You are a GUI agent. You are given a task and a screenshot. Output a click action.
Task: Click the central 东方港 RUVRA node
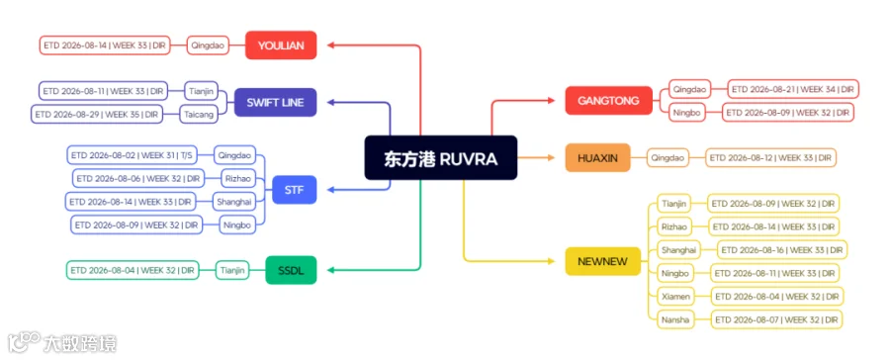[x=440, y=158]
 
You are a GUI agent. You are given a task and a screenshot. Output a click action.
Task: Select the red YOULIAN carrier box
[x=281, y=45]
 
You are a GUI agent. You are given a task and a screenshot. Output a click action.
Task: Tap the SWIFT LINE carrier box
[x=275, y=103]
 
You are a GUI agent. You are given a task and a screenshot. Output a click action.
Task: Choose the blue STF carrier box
[x=294, y=190]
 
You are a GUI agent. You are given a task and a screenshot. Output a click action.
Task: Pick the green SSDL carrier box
[x=291, y=270]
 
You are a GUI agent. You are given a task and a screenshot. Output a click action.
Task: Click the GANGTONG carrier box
[x=608, y=101]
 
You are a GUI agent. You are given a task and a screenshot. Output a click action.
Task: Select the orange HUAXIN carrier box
[x=597, y=158]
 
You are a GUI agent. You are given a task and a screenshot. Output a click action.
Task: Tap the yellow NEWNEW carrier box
[x=603, y=261]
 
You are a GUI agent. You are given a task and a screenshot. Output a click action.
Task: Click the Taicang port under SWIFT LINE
[x=199, y=114]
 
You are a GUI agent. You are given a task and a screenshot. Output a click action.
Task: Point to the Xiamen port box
[x=675, y=296]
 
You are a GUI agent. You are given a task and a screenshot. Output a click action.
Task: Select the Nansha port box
[x=675, y=319]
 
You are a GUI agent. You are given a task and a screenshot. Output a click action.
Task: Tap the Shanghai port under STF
[x=233, y=201]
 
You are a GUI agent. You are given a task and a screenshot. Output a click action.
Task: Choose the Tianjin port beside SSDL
[x=232, y=270]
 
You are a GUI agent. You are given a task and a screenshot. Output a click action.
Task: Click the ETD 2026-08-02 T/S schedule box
[x=132, y=155]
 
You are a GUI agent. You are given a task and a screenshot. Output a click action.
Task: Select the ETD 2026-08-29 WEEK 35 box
[x=97, y=114]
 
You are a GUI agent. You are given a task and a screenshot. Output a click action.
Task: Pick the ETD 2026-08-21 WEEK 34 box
[x=793, y=89]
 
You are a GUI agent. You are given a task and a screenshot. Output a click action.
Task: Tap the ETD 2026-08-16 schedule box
[x=782, y=250]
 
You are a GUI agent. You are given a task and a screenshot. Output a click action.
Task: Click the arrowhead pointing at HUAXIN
[x=551, y=158]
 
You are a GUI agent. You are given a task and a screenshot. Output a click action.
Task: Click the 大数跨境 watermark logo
[x=62, y=343]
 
